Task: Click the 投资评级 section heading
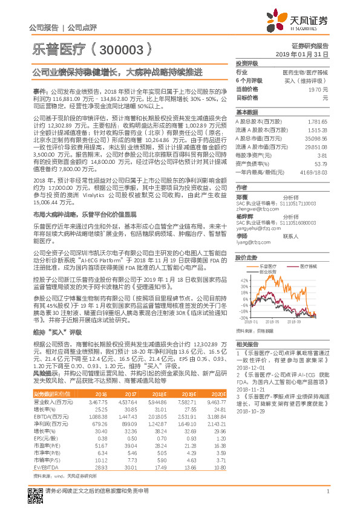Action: (x=246, y=63)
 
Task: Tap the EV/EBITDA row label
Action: (x=46, y=467)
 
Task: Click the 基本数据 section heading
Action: (x=246, y=112)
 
